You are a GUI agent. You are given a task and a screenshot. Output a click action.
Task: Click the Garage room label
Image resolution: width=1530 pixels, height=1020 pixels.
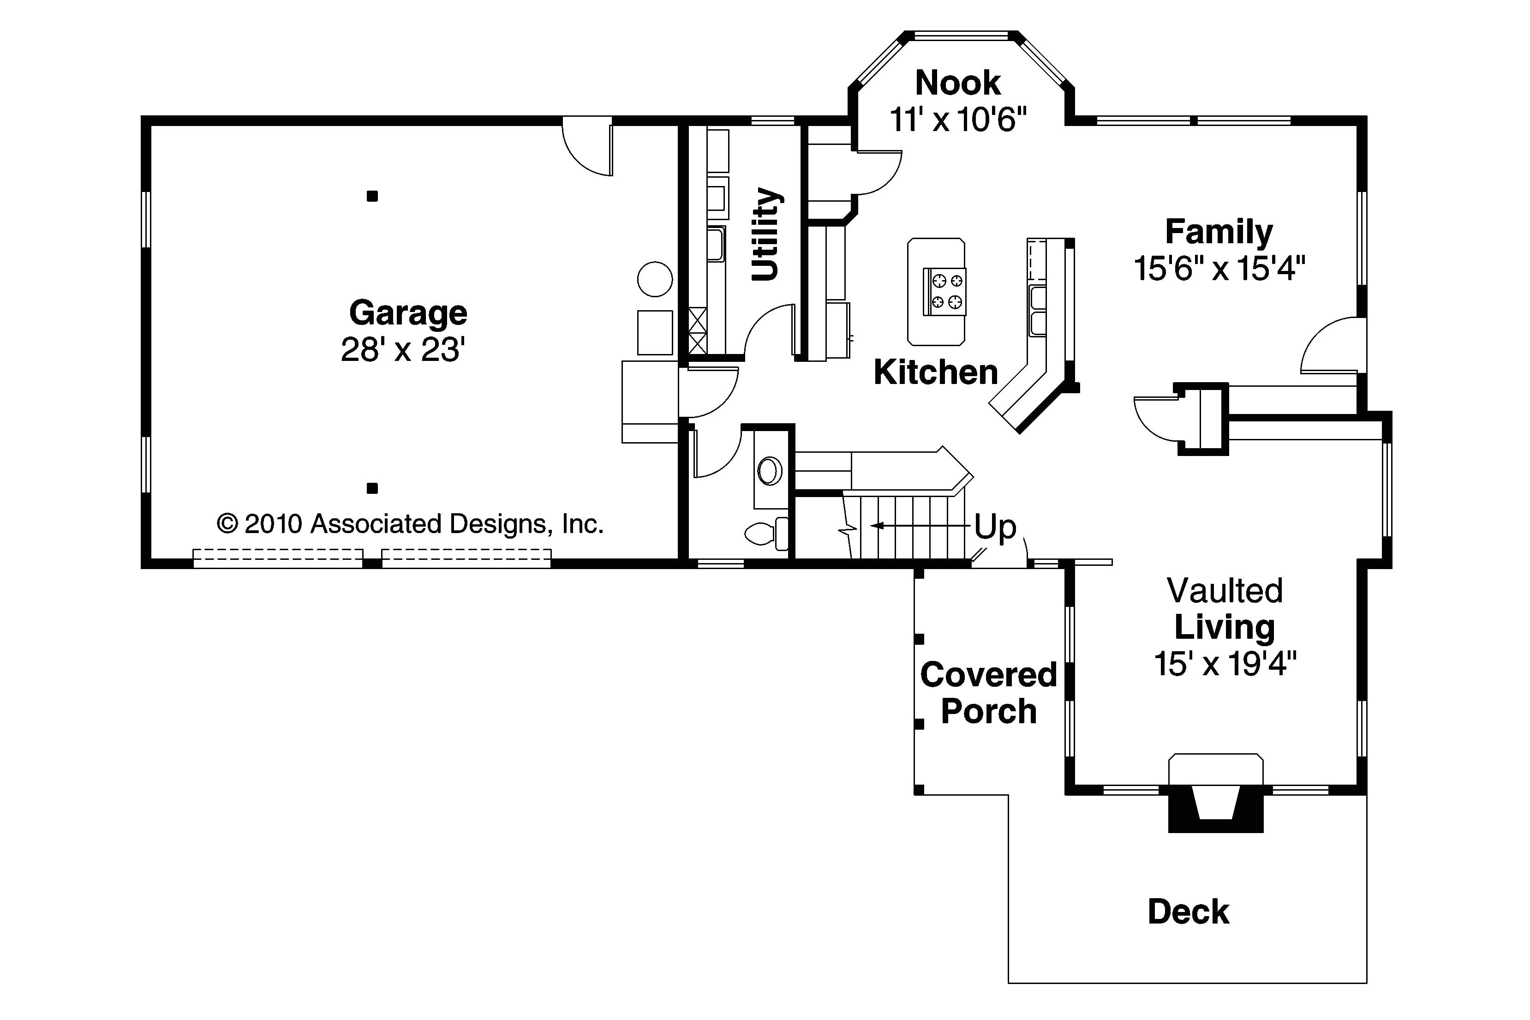[408, 313]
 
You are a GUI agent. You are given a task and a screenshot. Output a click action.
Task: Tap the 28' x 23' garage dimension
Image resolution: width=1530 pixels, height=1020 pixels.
[403, 350]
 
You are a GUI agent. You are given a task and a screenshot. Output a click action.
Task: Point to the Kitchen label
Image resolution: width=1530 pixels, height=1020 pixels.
[935, 372]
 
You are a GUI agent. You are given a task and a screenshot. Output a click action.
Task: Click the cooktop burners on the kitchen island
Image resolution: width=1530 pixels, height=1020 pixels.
[945, 291]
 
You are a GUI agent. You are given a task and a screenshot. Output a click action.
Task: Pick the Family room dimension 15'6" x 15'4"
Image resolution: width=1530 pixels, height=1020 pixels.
[1219, 268]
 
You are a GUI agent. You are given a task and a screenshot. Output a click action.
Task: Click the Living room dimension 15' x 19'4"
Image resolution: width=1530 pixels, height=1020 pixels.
[1225, 664]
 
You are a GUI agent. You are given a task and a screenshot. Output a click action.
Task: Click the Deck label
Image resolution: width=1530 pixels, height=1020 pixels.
[1188, 912]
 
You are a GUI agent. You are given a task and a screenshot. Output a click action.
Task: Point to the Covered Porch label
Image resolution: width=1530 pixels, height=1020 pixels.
[988, 693]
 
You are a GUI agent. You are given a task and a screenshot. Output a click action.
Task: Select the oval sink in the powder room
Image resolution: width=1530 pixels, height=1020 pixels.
[770, 470]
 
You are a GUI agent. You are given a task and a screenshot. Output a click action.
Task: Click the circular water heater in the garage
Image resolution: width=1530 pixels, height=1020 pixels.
[655, 279]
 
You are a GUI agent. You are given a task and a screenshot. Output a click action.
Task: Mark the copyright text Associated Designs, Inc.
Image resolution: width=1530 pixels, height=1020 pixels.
[457, 524]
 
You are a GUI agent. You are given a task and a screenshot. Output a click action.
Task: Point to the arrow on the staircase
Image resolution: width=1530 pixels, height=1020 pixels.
[920, 525]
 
